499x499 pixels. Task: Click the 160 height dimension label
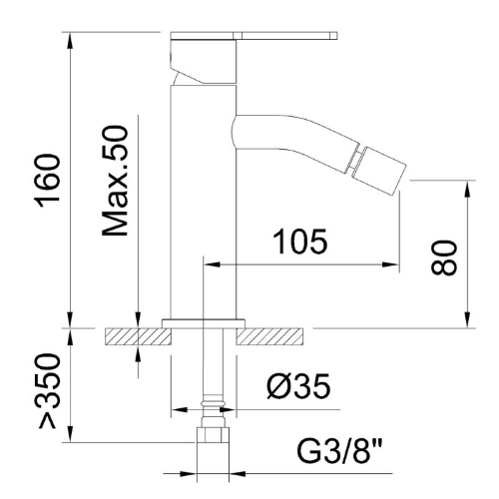[47, 181]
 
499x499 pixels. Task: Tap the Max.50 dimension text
[115, 181]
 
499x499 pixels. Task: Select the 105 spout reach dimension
[300, 242]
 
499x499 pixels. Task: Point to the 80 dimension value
[444, 257]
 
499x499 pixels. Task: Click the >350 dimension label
[49, 391]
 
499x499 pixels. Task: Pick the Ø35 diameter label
[298, 386]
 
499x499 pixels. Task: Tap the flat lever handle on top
[254, 36]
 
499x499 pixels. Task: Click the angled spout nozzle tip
[381, 170]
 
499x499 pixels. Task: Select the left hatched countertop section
[138, 336]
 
